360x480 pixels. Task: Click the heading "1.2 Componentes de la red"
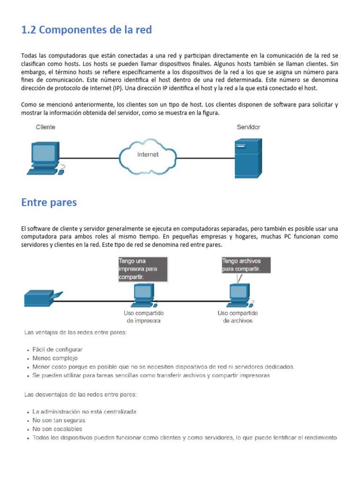click(x=87, y=30)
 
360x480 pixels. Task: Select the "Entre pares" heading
click(x=49, y=202)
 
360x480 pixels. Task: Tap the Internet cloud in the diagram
click(x=147, y=154)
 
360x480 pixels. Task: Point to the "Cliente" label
click(x=45, y=127)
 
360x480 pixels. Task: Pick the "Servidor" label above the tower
click(x=248, y=127)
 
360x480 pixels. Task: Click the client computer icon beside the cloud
click(x=45, y=157)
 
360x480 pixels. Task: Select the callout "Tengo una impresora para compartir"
click(x=143, y=269)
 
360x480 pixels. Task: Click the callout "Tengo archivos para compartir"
click(x=241, y=265)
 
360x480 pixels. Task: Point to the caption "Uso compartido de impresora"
click(x=143, y=317)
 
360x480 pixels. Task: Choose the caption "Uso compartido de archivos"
click(x=238, y=317)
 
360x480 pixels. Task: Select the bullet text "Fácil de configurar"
click(x=58, y=350)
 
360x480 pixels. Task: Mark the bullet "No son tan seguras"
click(x=59, y=420)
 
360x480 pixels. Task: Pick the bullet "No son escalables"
click(x=57, y=429)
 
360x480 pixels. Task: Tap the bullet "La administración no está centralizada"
click(x=84, y=412)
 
